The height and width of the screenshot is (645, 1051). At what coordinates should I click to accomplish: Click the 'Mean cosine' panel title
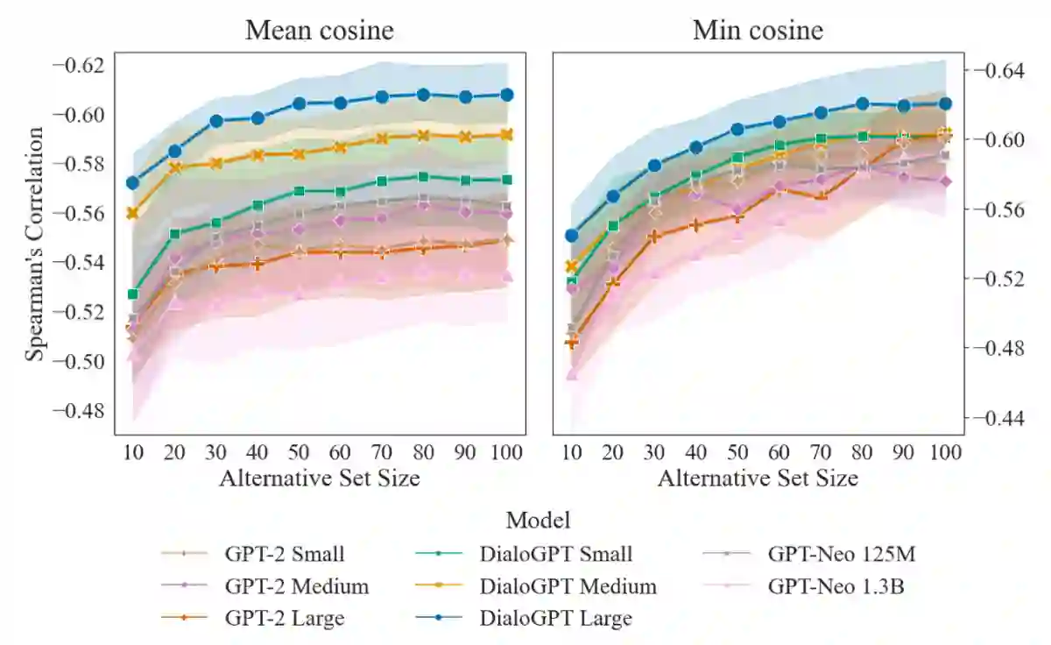click(319, 31)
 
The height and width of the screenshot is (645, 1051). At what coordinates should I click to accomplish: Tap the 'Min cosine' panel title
click(758, 31)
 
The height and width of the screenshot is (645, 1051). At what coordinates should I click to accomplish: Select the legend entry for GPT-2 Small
click(284, 554)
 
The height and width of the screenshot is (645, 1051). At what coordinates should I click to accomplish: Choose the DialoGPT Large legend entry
click(555, 618)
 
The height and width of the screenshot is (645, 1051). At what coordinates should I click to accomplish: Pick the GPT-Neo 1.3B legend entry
click(836, 586)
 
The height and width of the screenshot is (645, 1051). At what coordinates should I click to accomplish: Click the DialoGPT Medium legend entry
click(568, 586)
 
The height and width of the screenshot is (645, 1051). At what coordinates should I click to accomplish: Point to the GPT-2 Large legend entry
click(284, 618)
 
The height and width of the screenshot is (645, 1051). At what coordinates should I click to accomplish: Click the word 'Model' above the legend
click(539, 520)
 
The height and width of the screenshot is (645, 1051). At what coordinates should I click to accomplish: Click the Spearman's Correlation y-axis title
click(34, 244)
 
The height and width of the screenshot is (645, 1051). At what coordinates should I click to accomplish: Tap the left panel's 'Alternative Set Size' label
click(319, 478)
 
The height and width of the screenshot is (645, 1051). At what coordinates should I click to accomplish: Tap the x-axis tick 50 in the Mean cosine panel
click(299, 452)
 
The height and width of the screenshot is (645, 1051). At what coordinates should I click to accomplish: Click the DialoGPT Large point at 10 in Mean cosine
click(133, 183)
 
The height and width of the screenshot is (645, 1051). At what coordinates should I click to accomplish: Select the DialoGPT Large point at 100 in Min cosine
click(945, 103)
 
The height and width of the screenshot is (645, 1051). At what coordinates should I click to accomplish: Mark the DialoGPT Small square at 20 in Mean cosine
click(174, 234)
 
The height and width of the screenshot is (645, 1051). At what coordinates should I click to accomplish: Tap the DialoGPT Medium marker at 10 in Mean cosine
click(133, 213)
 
